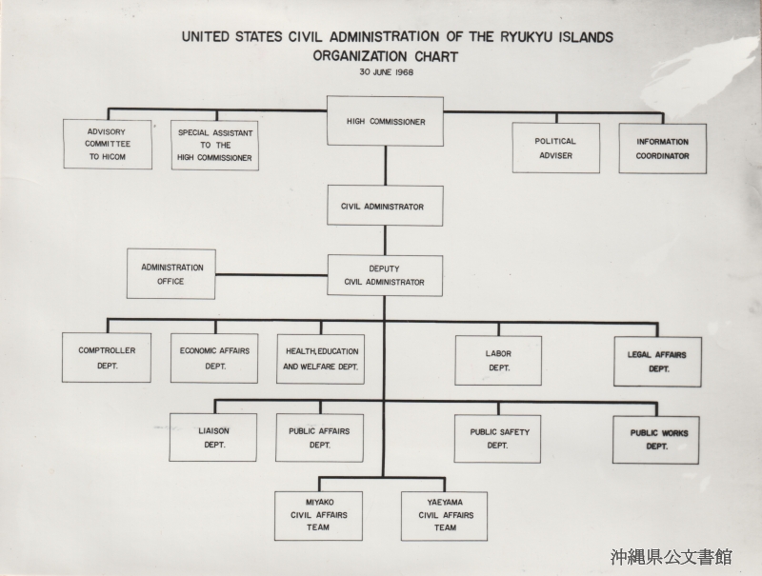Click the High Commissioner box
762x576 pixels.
click(x=385, y=121)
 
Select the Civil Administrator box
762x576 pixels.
click(x=385, y=206)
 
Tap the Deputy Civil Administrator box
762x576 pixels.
click(x=385, y=275)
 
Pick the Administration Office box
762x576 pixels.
click(x=171, y=274)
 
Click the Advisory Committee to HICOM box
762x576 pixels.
click(x=108, y=145)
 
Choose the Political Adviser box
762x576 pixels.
click(x=556, y=149)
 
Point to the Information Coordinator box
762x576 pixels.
click(x=662, y=149)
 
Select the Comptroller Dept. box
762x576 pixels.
click(x=107, y=357)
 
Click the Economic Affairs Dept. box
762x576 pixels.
click(x=214, y=358)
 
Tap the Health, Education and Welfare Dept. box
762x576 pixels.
click(x=321, y=359)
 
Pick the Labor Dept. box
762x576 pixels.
click(x=498, y=361)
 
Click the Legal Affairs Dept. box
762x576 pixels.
click(x=657, y=362)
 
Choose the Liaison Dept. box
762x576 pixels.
click(x=212, y=438)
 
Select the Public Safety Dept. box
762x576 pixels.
click(x=497, y=439)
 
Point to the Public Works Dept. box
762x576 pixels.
click(x=656, y=440)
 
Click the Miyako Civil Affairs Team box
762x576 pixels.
click(x=318, y=516)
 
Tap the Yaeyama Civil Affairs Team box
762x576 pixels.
click(x=444, y=516)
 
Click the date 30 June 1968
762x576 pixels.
click(x=387, y=72)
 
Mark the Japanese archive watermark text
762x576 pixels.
click(x=672, y=557)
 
